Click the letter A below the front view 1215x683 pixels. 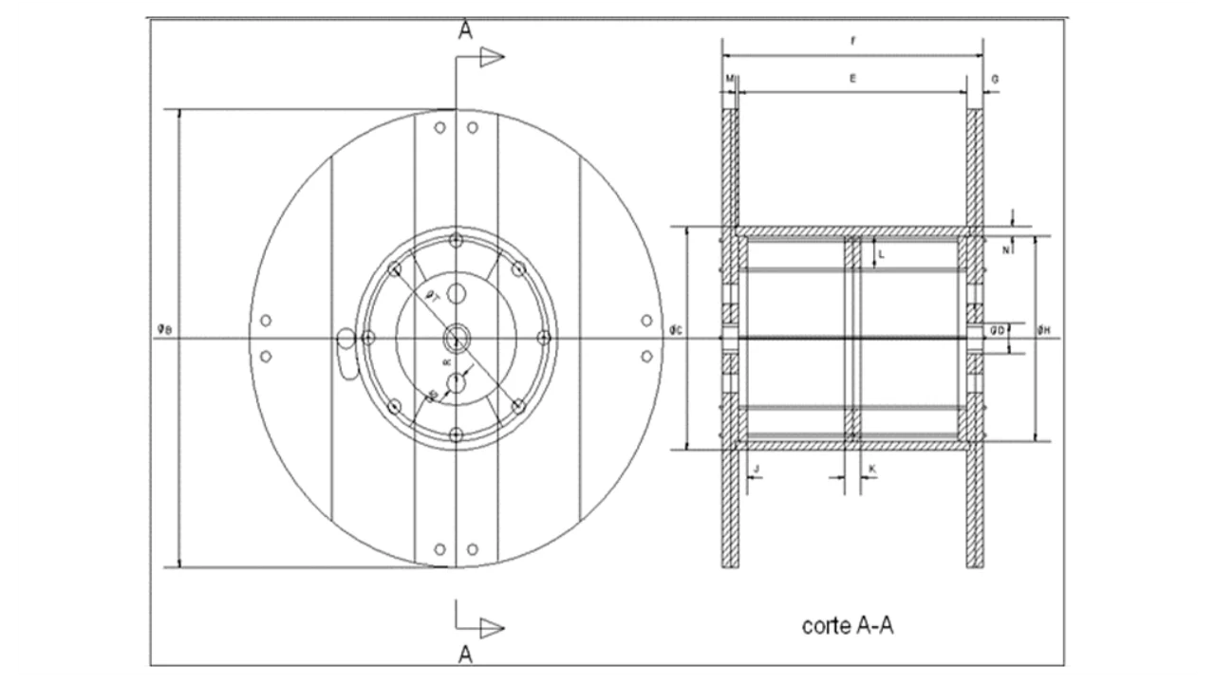465,654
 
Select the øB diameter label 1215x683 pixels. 164,329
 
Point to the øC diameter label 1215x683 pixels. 676,329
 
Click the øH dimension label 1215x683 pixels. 1043,329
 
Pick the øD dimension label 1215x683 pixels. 998,329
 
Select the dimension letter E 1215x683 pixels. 852,80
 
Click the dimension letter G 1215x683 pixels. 994,80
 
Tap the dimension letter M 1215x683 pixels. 729,80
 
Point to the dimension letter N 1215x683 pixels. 1006,250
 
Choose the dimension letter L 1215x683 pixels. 881,254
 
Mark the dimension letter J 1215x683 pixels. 756,469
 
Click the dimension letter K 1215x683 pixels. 872,469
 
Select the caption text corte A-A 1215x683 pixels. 848,626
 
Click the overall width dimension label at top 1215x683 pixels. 852,41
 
